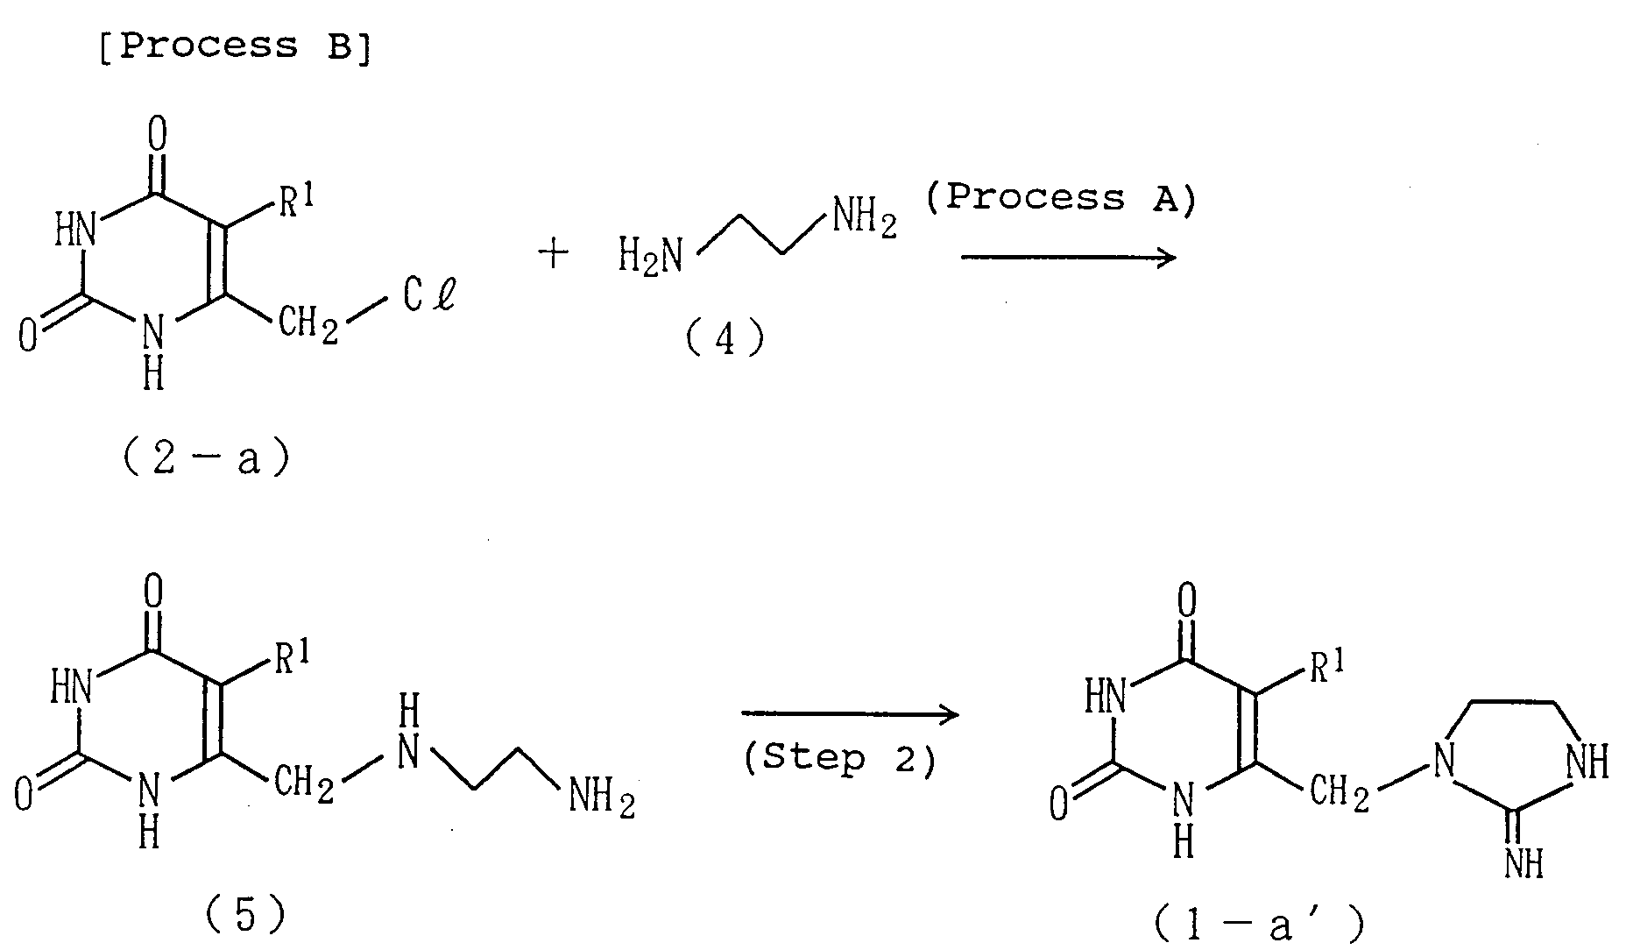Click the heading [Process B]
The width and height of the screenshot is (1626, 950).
(x=233, y=46)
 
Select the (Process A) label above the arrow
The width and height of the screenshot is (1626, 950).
(x=1060, y=198)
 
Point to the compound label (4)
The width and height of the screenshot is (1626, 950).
(x=725, y=338)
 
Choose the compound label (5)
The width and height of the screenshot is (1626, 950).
(x=244, y=917)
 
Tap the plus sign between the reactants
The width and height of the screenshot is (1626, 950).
(x=554, y=255)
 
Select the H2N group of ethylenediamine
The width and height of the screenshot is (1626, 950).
(x=650, y=257)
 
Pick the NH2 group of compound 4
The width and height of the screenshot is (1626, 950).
(x=864, y=217)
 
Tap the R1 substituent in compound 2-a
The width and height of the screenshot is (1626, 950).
(x=296, y=204)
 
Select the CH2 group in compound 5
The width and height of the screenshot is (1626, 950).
(x=306, y=783)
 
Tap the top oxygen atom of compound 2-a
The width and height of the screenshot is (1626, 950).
(x=157, y=136)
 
